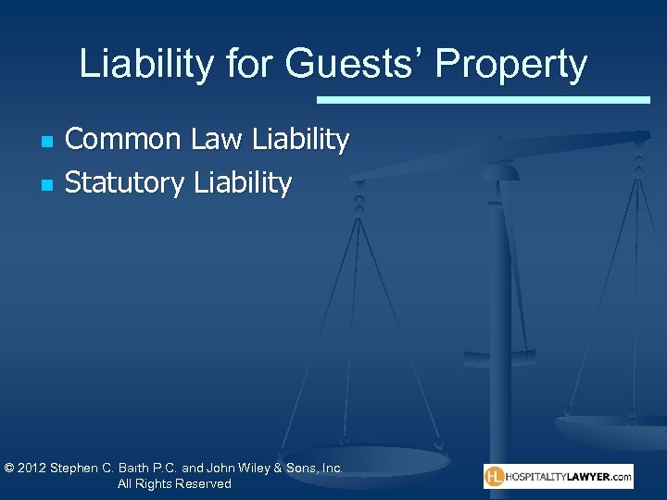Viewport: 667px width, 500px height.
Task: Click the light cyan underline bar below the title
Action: click(x=483, y=99)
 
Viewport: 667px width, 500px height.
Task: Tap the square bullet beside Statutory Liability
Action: click(x=46, y=185)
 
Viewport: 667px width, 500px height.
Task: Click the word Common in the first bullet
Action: click(x=123, y=140)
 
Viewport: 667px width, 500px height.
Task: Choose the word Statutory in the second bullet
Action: click(x=125, y=183)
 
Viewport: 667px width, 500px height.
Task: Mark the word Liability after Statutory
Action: click(x=243, y=183)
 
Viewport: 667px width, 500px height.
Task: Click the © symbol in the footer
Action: click(x=9, y=469)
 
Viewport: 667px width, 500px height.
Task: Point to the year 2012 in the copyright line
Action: click(x=33, y=469)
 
